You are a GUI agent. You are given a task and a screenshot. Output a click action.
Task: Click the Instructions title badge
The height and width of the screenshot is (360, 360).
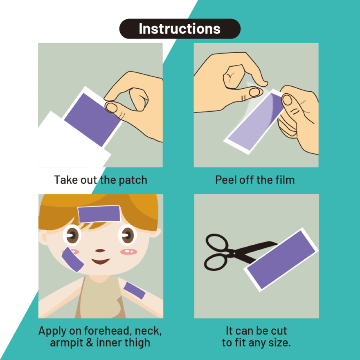click(180, 29)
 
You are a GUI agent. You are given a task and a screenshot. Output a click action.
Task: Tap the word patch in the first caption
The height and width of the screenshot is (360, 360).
click(133, 180)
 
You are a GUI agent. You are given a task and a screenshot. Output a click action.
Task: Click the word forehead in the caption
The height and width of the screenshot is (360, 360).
click(108, 331)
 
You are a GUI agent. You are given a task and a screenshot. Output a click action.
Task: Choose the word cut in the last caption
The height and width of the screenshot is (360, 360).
click(279, 331)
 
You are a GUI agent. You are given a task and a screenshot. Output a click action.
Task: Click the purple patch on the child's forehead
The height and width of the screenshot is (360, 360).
click(99, 214)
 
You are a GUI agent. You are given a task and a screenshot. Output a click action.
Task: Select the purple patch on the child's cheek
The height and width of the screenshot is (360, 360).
click(73, 260)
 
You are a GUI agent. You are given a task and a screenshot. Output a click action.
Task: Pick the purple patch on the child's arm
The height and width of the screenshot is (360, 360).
click(134, 291)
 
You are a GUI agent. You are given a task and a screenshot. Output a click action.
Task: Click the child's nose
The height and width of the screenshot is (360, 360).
click(100, 251)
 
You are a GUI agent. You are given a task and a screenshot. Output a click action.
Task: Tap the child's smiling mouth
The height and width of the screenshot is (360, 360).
click(100, 261)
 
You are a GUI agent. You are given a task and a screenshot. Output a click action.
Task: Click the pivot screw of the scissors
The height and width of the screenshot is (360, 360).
click(234, 253)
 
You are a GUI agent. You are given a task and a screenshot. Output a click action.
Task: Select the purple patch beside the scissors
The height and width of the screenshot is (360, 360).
click(281, 260)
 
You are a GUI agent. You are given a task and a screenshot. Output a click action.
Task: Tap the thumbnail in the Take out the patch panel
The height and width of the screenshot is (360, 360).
click(112, 107)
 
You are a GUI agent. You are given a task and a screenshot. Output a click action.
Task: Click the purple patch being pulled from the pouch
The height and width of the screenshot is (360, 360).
click(92, 120)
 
